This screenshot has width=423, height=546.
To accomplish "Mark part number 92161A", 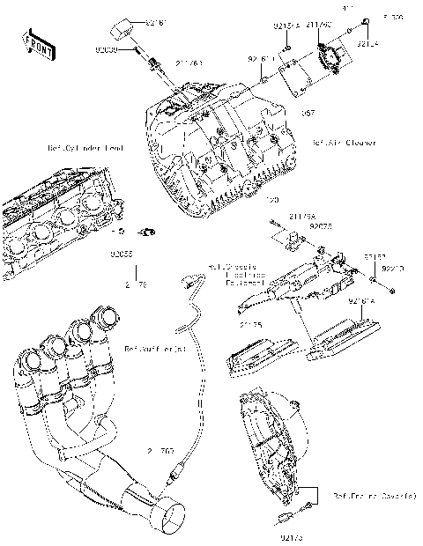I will (362, 301).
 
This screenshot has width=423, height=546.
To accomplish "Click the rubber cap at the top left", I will (117, 29).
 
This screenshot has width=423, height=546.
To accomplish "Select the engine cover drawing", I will (273, 440).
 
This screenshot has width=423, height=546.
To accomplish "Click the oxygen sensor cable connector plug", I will (186, 284).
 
